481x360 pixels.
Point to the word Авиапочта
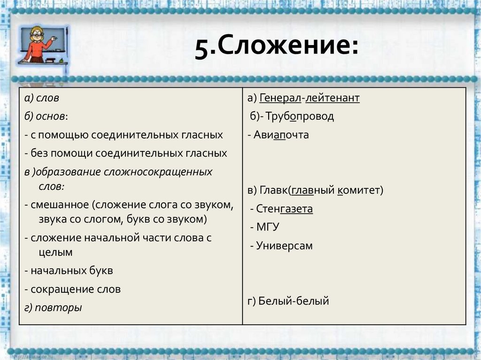pos(281,135)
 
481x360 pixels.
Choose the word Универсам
pos(284,245)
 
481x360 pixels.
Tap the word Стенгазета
pos(285,209)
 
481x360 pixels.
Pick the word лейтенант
pos(333,98)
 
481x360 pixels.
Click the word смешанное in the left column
pos(60,205)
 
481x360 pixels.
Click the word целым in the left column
pos(55,252)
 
